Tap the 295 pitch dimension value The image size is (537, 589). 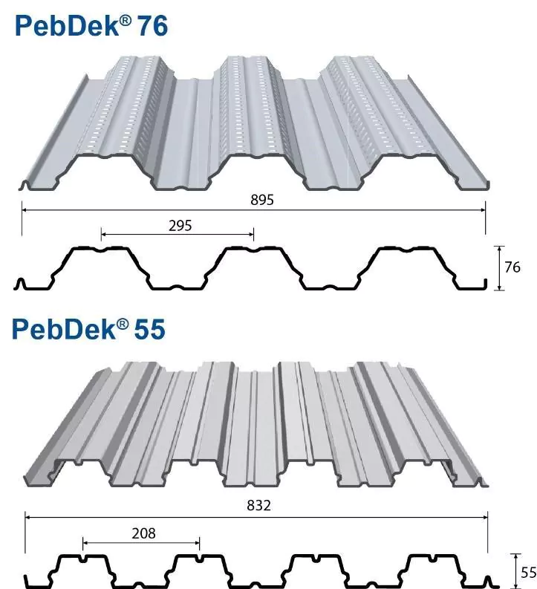(x=180, y=226)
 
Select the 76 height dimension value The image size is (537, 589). (x=512, y=267)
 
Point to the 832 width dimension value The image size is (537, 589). (x=257, y=505)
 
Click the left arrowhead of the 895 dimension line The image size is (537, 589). (x=25, y=210)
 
